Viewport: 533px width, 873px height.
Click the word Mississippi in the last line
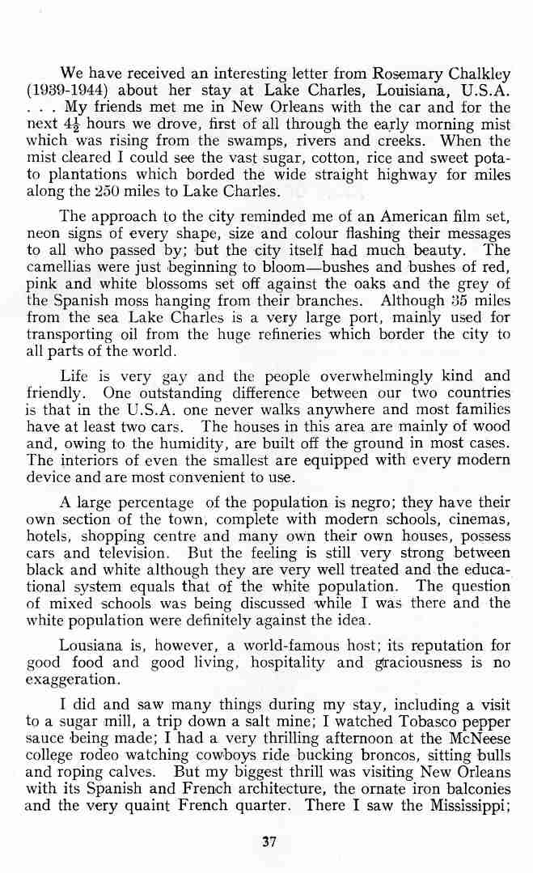pos(462,806)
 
